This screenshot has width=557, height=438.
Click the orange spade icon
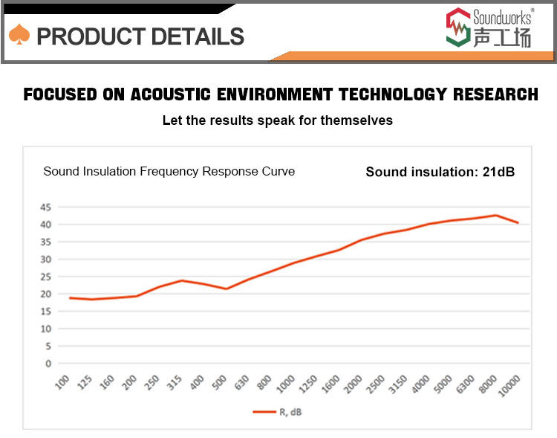19,34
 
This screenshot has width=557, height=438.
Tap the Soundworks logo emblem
458,27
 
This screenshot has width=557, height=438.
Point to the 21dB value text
498,172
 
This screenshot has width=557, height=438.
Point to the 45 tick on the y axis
46,207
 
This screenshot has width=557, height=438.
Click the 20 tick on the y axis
46,294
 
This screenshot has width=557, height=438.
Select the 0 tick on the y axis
48,364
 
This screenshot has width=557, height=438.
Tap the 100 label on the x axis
62,382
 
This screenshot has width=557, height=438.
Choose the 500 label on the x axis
219,382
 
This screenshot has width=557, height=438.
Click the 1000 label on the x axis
285,384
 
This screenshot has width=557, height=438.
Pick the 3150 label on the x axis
397,384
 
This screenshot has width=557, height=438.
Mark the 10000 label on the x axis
508,386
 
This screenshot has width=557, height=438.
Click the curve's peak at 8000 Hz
495,215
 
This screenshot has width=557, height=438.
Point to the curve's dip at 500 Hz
227,289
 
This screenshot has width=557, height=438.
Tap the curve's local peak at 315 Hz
181,280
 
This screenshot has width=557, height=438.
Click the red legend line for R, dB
264,412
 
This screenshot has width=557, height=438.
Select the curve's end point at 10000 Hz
518,223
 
